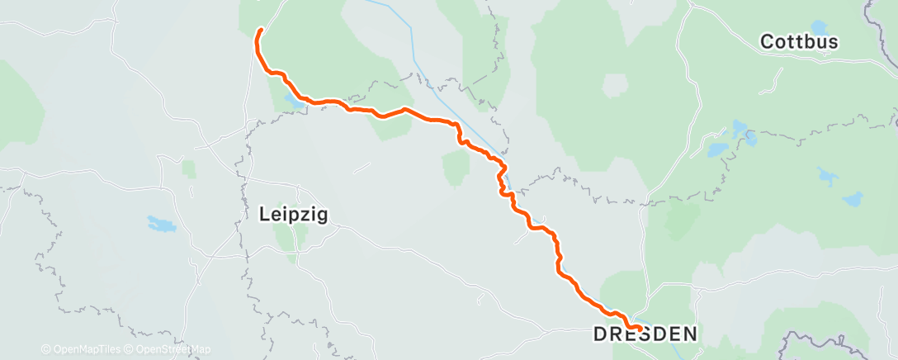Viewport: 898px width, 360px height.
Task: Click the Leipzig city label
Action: pyautogui.click(x=294, y=215)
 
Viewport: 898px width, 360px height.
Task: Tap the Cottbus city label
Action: pyautogui.click(x=799, y=41)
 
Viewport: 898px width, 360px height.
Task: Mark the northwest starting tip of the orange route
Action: pyautogui.click(x=261, y=31)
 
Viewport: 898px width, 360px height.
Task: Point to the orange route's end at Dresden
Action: pyautogui.click(x=640, y=328)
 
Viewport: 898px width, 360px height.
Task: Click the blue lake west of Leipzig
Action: pyautogui.click(x=162, y=224)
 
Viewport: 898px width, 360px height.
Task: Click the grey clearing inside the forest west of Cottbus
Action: pyautogui.click(x=616, y=85)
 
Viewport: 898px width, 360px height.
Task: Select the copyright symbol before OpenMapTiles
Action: pyautogui.click(x=45, y=349)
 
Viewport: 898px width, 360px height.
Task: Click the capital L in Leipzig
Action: pyautogui.click(x=264, y=215)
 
